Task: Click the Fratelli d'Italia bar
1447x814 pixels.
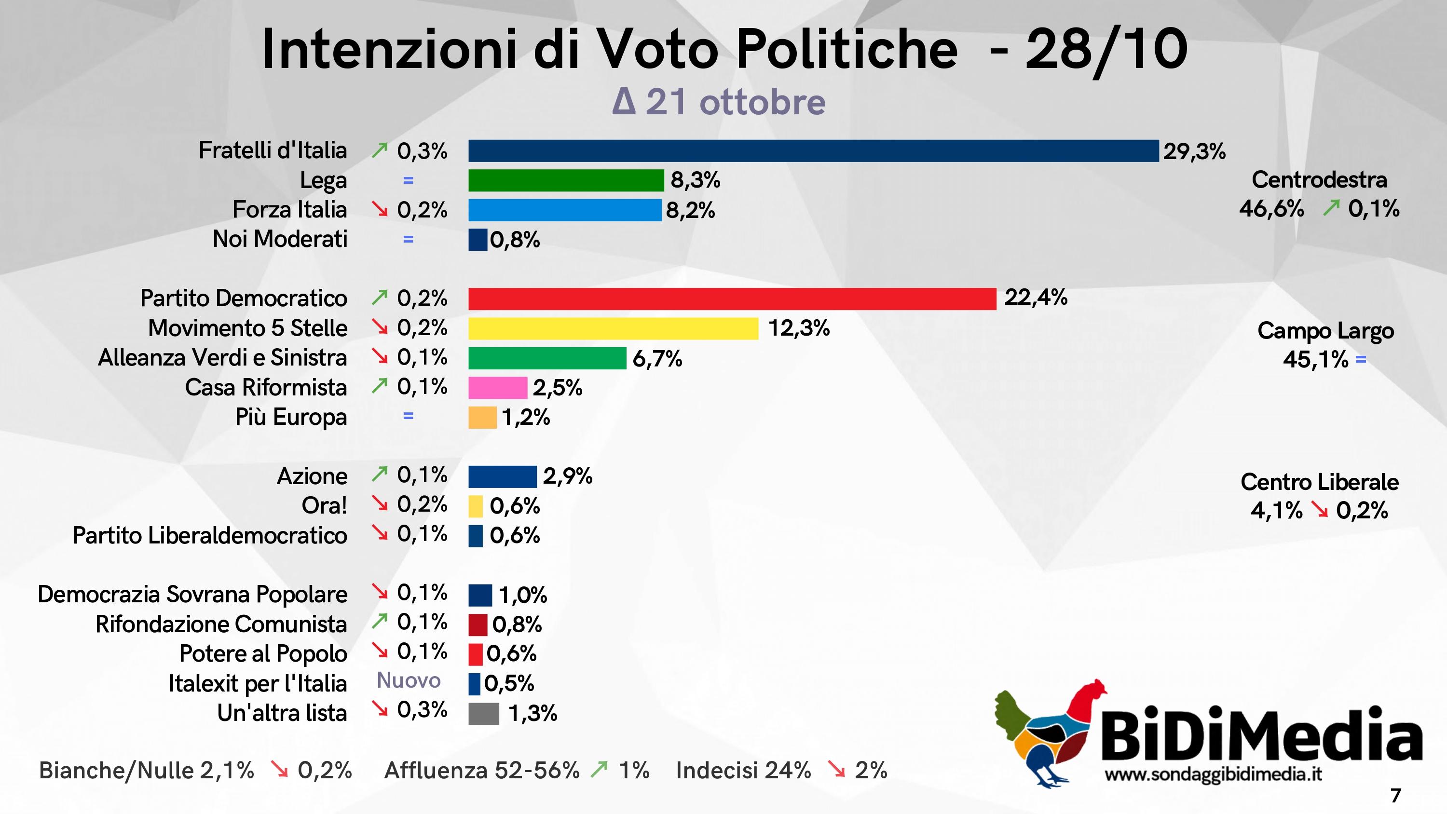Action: coord(813,151)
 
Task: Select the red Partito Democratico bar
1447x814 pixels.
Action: coord(732,299)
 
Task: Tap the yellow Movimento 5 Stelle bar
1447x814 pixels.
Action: coord(613,328)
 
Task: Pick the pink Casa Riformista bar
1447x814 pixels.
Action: coord(498,388)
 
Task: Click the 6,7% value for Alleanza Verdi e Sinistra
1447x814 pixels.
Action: coord(657,359)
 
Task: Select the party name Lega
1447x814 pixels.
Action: coord(323,180)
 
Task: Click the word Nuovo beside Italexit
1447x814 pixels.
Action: coord(409,680)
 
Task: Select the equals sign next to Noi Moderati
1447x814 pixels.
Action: coord(409,239)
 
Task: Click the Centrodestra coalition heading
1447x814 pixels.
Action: coord(1319,180)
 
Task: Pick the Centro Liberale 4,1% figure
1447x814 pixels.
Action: coord(1276,511)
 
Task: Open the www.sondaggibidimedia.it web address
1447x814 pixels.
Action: coord(1213,774)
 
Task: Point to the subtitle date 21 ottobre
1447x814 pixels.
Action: coord(735,102)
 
